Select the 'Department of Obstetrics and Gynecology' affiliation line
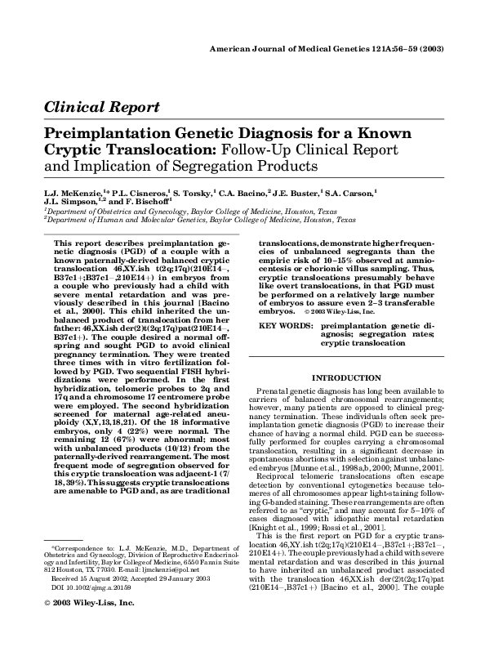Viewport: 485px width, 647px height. [155, 212]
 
